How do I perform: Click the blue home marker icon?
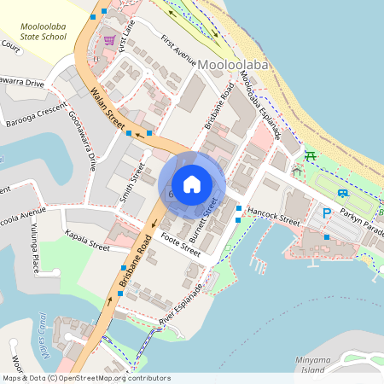point(192,183)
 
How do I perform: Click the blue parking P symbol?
point(326,212)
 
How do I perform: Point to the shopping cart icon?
point(109,40)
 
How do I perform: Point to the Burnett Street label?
point(211,215)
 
